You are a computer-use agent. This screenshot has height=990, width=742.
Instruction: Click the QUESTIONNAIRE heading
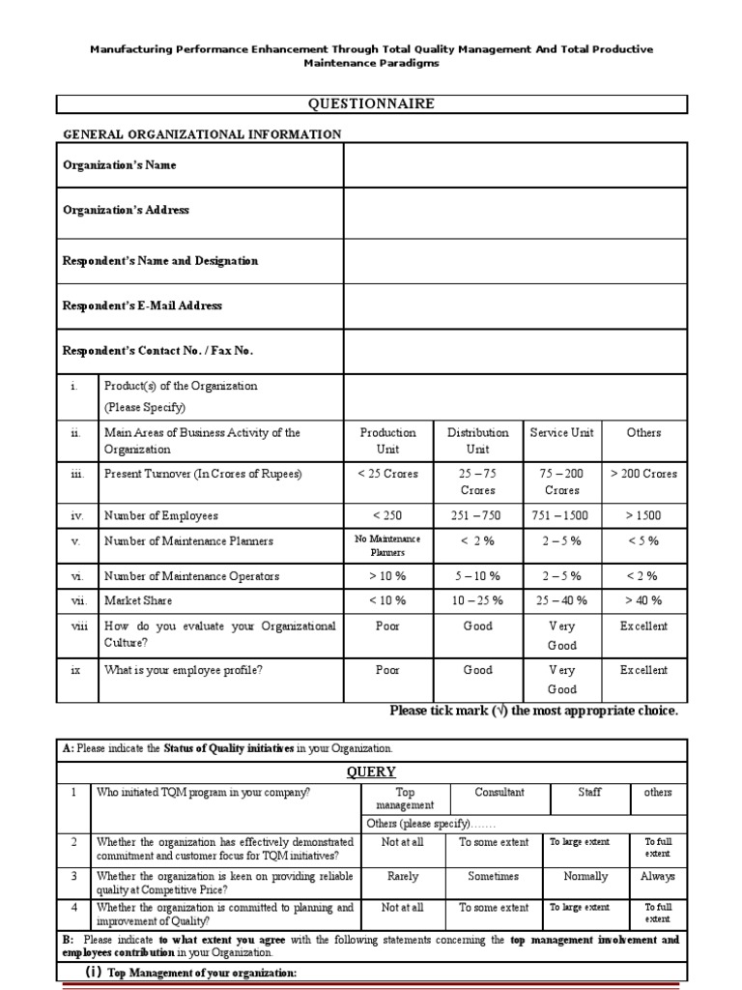(371, 104)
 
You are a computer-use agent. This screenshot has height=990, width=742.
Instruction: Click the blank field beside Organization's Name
(515, 165)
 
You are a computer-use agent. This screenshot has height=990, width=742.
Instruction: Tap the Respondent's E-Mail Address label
(142, 306)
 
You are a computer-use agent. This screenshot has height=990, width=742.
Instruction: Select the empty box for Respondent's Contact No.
(515, 350)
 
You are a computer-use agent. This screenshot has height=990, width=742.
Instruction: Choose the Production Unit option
(387, 441)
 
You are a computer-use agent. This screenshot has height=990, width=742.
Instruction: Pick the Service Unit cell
(561, 433)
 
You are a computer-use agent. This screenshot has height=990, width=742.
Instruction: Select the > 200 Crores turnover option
(643, 475)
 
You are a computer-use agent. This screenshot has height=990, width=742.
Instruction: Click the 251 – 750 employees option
(477, 516)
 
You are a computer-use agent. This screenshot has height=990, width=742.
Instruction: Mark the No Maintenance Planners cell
(387, 546)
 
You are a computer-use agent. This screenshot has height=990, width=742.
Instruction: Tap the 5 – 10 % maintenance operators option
(477, 576)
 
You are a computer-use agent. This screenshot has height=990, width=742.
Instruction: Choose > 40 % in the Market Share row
(643, 601)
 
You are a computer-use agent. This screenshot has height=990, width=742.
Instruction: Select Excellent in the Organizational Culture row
(643, 626)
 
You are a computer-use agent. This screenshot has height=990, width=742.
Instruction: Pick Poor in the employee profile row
(387, 671)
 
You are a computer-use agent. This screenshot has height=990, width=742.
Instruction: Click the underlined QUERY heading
(371, 772)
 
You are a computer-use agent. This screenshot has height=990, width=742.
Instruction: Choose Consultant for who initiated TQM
(499, 793)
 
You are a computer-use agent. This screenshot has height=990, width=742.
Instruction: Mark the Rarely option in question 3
(402, 877)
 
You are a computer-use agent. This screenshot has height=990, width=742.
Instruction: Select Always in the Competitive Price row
(657, 877)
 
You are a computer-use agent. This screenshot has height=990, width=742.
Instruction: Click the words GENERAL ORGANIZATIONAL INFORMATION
(202, 134)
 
